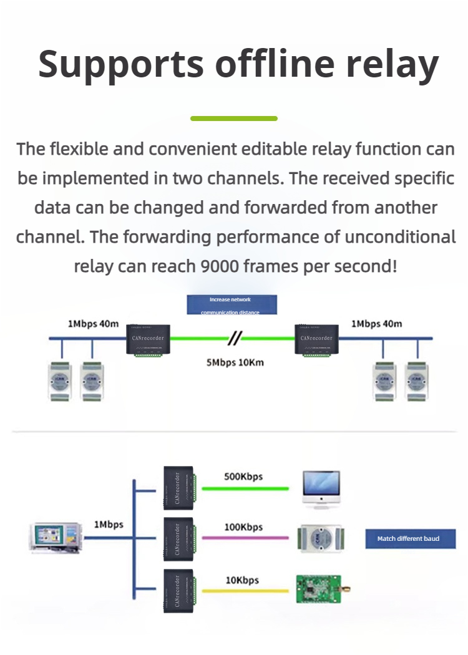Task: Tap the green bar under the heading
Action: (233, 118)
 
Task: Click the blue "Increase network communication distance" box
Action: (232, 305)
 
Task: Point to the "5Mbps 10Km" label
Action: (235, 362)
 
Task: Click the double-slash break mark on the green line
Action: (235, 339)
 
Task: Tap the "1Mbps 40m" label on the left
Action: (94, 324)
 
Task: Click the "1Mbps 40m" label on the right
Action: (376, 324)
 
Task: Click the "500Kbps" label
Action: (243, 477)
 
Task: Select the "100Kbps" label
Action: (243, 527)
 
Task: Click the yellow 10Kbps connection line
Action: (247, 591)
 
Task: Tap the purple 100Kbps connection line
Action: (247, 538)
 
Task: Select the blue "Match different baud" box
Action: (410, 538)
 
